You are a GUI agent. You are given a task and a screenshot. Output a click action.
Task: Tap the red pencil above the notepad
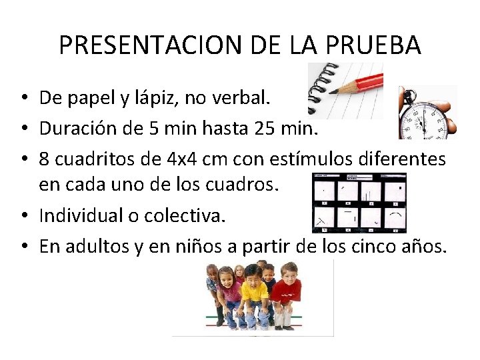pyautogui.click(x=360, y=86)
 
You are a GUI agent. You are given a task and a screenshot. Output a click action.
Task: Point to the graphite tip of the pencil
pyautogui.click(x=331, y=92)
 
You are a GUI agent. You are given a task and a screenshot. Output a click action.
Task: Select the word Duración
pyautogui.click(x=72, y=128)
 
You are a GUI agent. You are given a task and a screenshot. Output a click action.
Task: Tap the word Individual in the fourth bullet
pyautogui.click(x=77, y=215)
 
